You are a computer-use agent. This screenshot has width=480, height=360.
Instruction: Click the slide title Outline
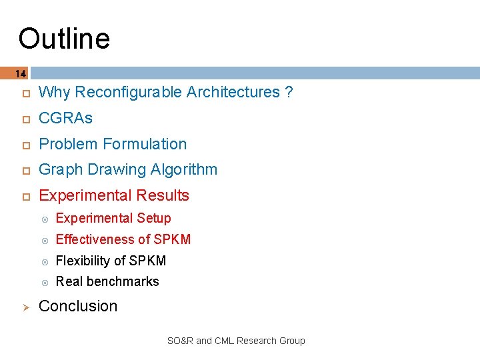point(64,39)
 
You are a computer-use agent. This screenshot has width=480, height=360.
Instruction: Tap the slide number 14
point(20,73)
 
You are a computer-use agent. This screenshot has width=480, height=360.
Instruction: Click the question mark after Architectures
point(288,93)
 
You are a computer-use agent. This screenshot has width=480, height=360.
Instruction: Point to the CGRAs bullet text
point(65,118)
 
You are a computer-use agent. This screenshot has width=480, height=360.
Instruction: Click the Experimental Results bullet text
point(114,195)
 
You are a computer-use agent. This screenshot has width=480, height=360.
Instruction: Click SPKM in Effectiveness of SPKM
point(172,239)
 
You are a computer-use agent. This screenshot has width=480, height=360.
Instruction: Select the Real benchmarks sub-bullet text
point(107,281)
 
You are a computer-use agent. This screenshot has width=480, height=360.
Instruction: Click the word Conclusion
point(78,306)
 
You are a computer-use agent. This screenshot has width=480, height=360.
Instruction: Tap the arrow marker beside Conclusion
point(20,307)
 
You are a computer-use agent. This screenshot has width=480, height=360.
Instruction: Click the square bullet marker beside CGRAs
point(20,119)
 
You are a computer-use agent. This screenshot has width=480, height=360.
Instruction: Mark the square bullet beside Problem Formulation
point(20,145)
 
